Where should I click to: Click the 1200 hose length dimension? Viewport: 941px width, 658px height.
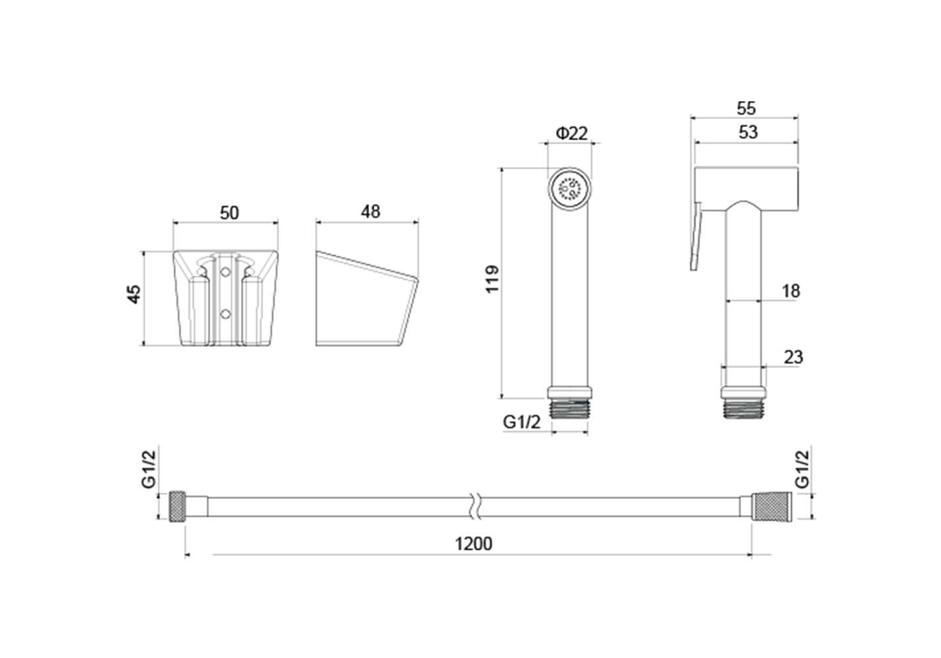tap(473, 544)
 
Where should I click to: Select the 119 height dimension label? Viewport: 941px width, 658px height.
tap(492, 279)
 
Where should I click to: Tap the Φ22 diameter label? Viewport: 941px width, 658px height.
tap(572, 134)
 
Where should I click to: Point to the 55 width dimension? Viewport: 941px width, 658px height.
tap(746, 109)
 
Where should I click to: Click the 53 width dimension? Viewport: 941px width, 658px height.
tap(748, 132)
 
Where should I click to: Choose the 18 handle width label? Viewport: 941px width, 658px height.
tap(791, 291)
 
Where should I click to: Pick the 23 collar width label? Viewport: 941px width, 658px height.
tap(794, 357)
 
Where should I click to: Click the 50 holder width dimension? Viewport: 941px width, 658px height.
tap(230, 213)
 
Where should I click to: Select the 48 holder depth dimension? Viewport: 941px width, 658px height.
tap(370, 212)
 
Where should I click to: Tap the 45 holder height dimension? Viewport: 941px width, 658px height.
tap(134, 293)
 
